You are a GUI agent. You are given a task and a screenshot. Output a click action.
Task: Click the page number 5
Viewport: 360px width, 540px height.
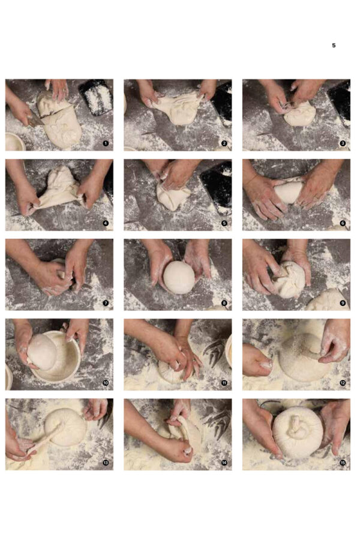tap(334, 46)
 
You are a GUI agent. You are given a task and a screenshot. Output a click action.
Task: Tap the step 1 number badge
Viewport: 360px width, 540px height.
tap(106, 143)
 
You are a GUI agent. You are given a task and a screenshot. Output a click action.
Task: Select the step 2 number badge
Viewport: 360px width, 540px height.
tap(224, 143)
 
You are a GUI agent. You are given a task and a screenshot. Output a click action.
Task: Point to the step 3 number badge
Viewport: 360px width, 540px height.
tap(343, 143)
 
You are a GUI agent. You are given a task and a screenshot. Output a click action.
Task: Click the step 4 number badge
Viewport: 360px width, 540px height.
tap(106, 223)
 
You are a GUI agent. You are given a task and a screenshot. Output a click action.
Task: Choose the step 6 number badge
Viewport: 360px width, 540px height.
tap(343, 223)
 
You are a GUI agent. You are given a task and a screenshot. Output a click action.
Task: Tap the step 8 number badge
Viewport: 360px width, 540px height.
tap(224, 303)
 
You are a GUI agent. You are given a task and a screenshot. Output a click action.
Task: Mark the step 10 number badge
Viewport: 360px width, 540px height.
tap(106, 383)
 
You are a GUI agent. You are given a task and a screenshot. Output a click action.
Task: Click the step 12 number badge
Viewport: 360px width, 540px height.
tap(343, 383)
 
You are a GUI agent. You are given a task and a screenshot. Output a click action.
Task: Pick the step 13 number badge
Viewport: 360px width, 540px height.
tap(106, 463)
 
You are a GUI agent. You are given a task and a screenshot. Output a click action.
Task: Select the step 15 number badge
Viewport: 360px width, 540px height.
tap(343, 463)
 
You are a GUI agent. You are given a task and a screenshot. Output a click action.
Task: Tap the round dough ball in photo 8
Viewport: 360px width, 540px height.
tap(179, 277)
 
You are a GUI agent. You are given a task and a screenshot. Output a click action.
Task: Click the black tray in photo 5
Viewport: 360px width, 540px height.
tap(215, 186)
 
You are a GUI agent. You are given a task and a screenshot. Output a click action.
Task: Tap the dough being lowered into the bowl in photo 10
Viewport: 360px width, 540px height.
tap(42, 352)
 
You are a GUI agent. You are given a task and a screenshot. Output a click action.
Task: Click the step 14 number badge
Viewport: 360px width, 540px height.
tap(224, 463)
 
